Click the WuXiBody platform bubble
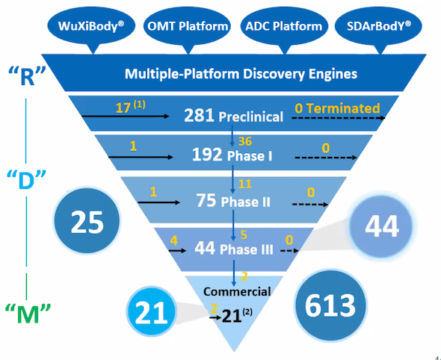point(91,27)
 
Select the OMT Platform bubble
point(188,27)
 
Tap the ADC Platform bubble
point(284,27)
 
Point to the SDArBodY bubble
point(378,27)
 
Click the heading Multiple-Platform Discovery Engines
point(241,74)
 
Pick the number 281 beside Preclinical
point(199,115)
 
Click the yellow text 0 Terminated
point(338,108)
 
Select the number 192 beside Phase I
point(207,155)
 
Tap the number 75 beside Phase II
point(206,201)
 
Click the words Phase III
point(247,249)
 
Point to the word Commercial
point(237,292)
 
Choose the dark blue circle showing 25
point(87,221)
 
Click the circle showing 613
point(330,305)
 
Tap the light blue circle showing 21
point(151,311)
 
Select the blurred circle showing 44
point(382,226)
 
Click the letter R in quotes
point(27,76)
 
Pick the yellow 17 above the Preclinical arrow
point(123,108)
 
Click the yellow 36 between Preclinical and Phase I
point(245,141)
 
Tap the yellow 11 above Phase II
point(245,184)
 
